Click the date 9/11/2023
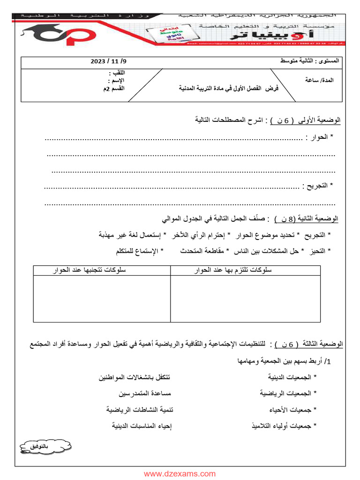point(108,61)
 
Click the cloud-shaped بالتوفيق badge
point(45,448)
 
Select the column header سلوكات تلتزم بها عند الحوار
point(245,270)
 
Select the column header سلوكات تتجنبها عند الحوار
point(102,270)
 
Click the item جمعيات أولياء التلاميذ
point(284,426)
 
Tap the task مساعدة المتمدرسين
point(140,393)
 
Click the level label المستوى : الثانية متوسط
point(311,61)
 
